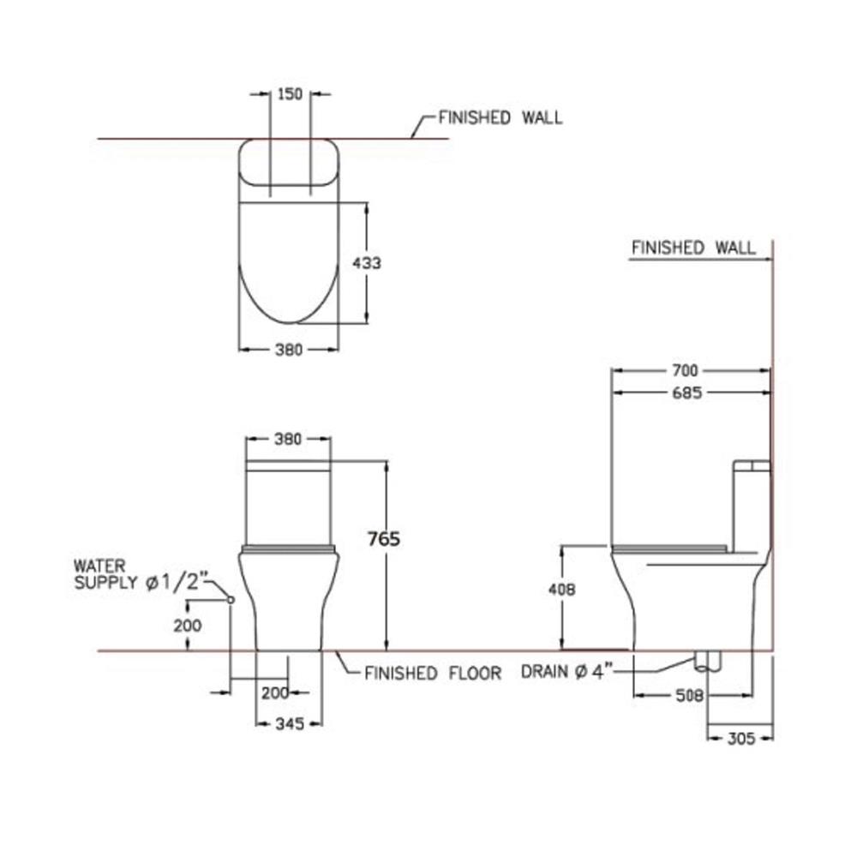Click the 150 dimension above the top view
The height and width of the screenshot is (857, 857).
pos(291,94)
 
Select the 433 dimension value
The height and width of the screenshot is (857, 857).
pos(367,263)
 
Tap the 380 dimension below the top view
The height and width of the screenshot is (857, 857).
pos(290,350)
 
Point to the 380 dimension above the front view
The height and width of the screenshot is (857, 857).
pos(288,439)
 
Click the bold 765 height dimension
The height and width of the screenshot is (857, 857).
pos(383,539)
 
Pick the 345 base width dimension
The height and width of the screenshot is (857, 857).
pos(290,724)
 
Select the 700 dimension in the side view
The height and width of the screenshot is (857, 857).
pos(686,370)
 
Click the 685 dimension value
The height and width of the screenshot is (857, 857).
pos(686,393)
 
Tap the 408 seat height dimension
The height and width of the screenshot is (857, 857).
pos(561,590)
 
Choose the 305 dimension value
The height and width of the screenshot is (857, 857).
pos(740,738)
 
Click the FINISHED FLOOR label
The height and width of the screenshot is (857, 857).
pos(433,674)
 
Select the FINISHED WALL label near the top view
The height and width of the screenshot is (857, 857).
pos(500,118)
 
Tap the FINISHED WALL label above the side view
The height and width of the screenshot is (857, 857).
pos(693,249)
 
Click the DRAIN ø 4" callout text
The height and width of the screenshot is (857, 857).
pos(565,672)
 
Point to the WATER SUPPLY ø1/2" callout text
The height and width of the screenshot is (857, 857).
pos(137,575)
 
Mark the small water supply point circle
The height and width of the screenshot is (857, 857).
pos(231,600)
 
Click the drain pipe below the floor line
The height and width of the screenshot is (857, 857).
pos(708,661)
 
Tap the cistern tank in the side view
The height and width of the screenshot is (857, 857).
pos(751,506)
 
